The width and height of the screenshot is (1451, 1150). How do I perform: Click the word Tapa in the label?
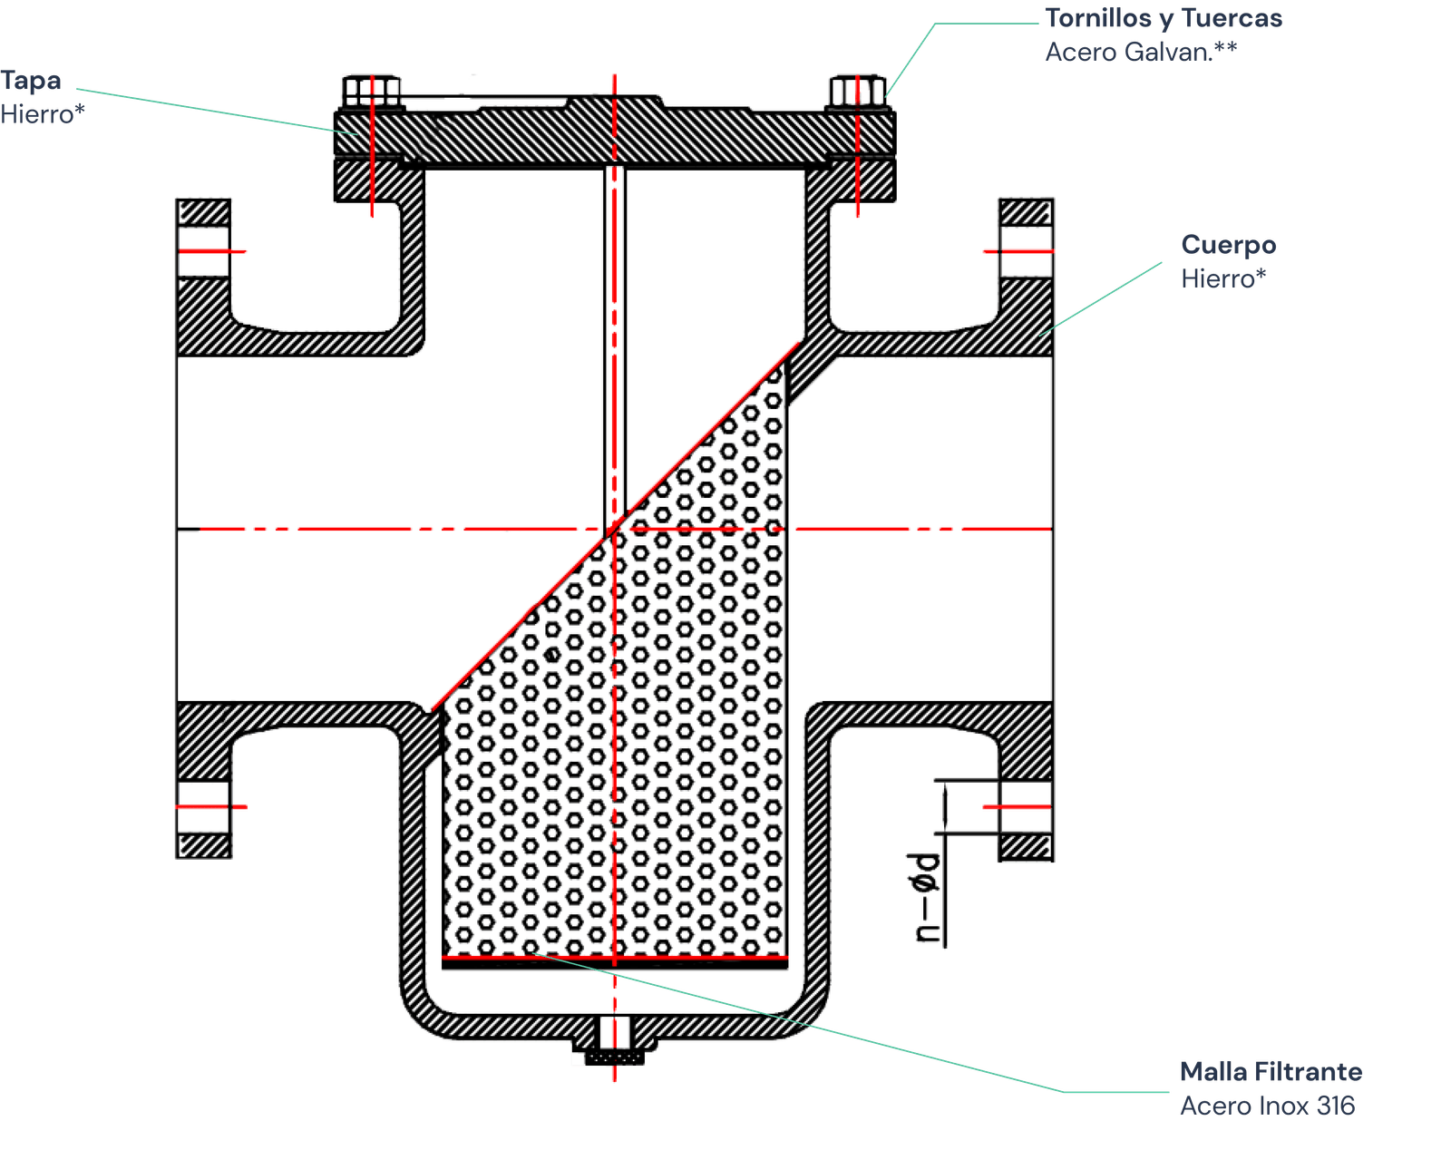coord(31,81)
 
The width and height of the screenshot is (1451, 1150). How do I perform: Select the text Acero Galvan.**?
coord(1140,52)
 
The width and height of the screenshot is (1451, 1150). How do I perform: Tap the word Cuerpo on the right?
coord(1228,245)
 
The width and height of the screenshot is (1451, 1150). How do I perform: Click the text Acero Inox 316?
coord(1267,1106)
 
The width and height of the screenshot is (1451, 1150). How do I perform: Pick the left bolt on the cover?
coord(372,91)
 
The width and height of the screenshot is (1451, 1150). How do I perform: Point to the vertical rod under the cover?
coord(615,345)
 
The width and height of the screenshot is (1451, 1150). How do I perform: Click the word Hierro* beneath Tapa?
coord(43,114)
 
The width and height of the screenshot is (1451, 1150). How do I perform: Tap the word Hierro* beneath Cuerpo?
coord(1222,278)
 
